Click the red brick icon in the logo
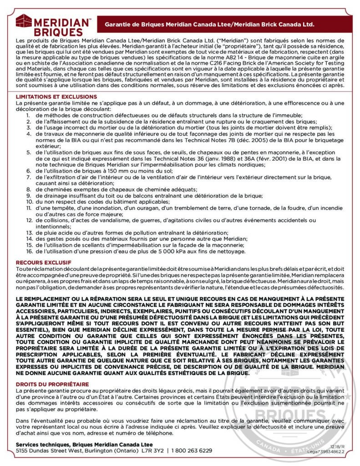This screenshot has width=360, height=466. pyautogui.click(x=23, y=21)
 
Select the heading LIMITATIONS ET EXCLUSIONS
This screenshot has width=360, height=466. pyautogui.click(x=56, y=97)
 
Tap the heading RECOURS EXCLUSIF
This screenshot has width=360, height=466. pyautogui.click(x=44, y=263)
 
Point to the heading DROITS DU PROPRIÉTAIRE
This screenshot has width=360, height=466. pyautogui.click(x=52, y=385)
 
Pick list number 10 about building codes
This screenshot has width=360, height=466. pyautogui.click(x=28, y=202)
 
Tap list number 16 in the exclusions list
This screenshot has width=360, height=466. pyautogui.click(x=28, y=251)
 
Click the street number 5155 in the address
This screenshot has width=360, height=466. pyautogui.click(x=22, y=451)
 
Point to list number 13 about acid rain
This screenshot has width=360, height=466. pyautogui.click(x=28, y=232)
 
